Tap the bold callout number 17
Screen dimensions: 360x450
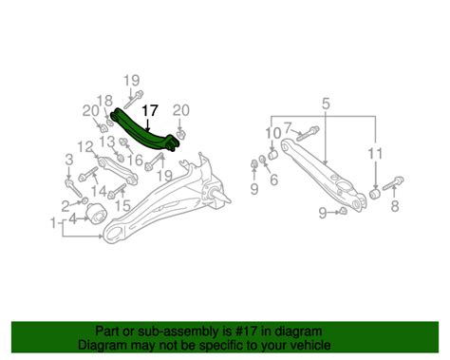(x=150, y=111)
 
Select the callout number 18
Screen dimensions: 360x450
(x=104, y=101)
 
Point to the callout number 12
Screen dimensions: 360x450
(x=86, y=146)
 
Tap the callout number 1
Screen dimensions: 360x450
(x=51, y=223)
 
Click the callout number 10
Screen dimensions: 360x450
(x=272, y=132)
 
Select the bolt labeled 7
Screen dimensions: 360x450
(x=310, y=131)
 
